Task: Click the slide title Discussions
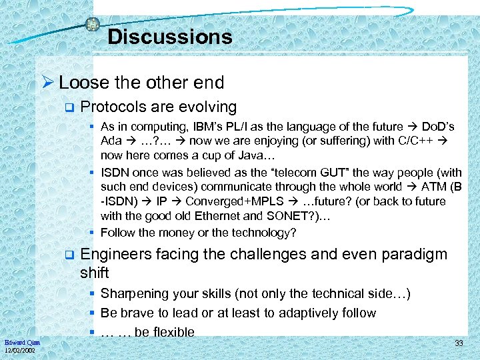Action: [169, 37]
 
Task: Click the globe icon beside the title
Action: [93, 24]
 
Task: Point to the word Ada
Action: [111, 141]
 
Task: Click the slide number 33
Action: [459, 343]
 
